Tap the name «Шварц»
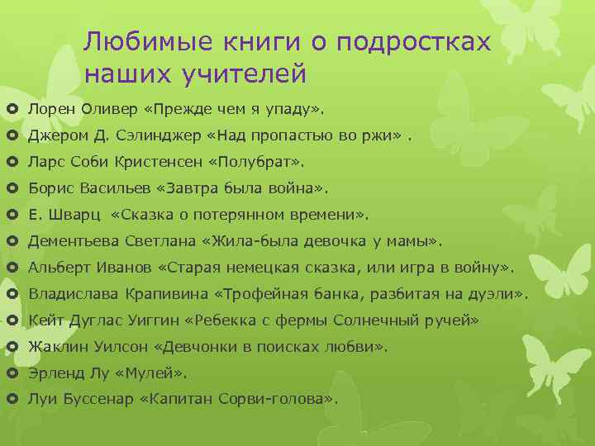pos(75,216)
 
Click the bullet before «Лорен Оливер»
pos(12,110)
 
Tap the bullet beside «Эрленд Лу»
pos(12,374)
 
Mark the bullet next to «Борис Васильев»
pos(12,189)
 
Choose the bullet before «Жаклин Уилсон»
pos(12,348)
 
